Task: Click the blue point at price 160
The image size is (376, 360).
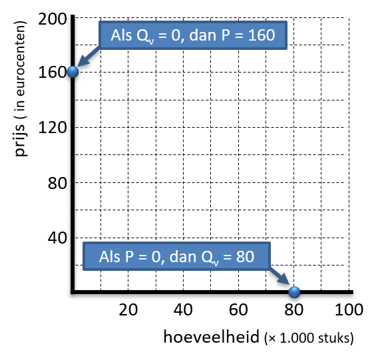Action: [x=73, y=71]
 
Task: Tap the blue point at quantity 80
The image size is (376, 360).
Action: [x=294, y=292]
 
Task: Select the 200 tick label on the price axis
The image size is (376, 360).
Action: [x=53, y=19]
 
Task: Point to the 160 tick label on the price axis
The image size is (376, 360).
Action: [x=53, y=72]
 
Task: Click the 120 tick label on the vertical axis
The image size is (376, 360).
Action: [x=53, y=127]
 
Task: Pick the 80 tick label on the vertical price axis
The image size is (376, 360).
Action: [x=57, y=183]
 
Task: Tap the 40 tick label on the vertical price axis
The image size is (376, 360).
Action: [x=57, y=238]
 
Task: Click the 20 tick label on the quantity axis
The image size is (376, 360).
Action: [x=128, y=309]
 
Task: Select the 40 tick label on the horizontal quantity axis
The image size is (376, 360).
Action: [x=183, y=309]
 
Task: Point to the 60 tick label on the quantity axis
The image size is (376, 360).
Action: [x=238, y=309]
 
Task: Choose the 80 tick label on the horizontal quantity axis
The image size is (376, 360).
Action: [x=293, y=309]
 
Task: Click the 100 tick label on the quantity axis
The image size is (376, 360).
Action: [x=349, y=309]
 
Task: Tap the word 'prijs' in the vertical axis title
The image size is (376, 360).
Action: [x=21, y=140]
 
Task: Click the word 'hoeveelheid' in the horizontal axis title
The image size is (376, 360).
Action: [x=212, y=337]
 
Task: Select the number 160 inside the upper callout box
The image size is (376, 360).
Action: [x=262, y=35]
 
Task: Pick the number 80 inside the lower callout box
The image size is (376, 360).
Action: [x=245, y=257]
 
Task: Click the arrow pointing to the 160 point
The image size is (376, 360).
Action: [x=88, y=57]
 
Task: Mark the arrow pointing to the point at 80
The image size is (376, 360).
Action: [x=280, y=275]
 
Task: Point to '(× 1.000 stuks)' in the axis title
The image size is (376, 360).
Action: [x=309, y=338]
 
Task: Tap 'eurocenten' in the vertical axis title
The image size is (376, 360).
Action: [x=21, y=59]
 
